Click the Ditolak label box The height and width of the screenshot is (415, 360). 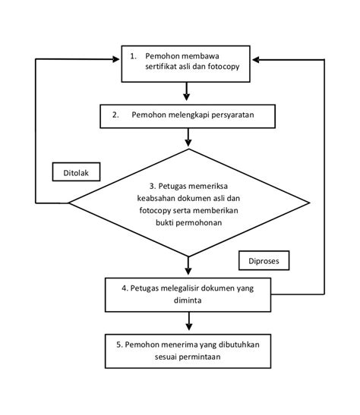pos(76,171)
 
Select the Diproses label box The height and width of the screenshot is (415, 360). pos(264,260)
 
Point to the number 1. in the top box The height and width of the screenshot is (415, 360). pos(133,56)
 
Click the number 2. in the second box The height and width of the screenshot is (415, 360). pos(115,115)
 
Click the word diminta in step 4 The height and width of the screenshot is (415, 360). pos(188,300)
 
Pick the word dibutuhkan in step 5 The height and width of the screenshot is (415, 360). pos(239,344)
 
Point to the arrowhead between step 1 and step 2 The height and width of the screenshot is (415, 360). pos(187,97)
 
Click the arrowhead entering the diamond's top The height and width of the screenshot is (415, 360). pos(188,143)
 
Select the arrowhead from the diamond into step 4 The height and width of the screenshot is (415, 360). pos(188,272)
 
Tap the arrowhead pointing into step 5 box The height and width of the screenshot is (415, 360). pos(188,327)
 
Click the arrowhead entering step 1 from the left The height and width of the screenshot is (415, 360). pos(116,59)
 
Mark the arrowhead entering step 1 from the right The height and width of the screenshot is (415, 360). pos(256,60)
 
